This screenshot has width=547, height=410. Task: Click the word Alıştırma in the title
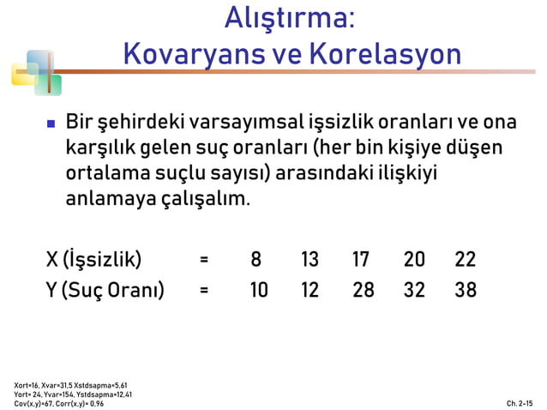pyautogui.click(x=289, y=20)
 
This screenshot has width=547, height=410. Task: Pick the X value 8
pyautogui.click(x=255, y=260)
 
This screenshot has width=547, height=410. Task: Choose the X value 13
pyautogui.click(x=310, y=260)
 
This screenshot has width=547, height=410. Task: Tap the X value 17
pyautogui.click(x=362, y=260)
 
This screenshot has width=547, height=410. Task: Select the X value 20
pyautogui.click(x=414, y=260)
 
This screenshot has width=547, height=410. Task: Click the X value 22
pyautogui.click(x=466, y=260)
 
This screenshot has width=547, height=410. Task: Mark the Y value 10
pyautogui.click(x=258, y=290)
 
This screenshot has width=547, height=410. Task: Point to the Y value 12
pyautogui.click(x=310, y=290)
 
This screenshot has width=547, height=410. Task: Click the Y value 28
pyautogui.click(x=363, y=290)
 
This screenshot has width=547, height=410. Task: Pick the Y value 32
pyautogui.click(x=414, y=290)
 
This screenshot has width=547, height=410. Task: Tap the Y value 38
pyautogui.click(x=466, y=290)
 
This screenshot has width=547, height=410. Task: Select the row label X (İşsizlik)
pyautogui.click(x=93, y=260)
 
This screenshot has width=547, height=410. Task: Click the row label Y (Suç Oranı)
pyautogui.click(x=105, y=290)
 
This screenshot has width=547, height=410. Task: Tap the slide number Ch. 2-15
pyautogui.click(x=519, y=402)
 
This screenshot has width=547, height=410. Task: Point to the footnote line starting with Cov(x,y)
pyautogui.click(x=59, y=403)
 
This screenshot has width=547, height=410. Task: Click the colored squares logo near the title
pyautogui.click(x=36, y=72)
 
